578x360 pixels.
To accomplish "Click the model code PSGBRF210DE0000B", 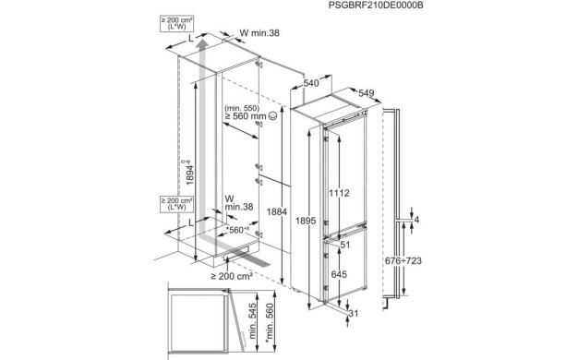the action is point(376,6).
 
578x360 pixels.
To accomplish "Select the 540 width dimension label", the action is point(311,83).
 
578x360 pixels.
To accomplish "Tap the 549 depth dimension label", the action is point(366,93).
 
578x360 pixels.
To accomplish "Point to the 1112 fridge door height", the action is point(339,193).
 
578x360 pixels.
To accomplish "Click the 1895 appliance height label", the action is point(306,221).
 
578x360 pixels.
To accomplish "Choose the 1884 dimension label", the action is point(277,212).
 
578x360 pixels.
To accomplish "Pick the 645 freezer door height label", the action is point(339,274).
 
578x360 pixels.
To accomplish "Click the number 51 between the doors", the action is point(345,245).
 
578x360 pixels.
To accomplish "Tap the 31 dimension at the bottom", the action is point(353,314).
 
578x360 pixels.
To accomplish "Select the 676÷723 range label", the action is point(403,261).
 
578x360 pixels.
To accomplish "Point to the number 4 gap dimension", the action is point(416,220).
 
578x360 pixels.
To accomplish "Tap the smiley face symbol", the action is point(272,116).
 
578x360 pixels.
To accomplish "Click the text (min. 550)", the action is point(242,108).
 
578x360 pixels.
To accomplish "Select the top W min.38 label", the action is point(259,33).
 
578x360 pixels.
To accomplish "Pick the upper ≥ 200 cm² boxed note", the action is point(177,24).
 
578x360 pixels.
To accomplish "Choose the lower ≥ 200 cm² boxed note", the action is point(177,204).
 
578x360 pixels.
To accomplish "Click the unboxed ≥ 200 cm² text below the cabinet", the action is point(232,276).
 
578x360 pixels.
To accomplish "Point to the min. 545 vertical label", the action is point(252,321).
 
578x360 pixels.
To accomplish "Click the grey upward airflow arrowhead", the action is point(201,45).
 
